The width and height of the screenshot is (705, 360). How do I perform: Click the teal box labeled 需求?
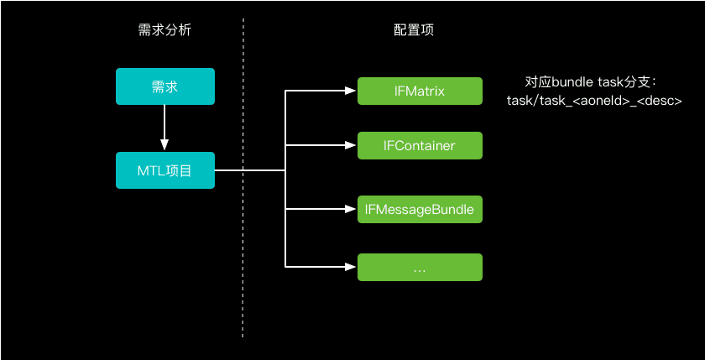pyautogui.click(x=164, y=87)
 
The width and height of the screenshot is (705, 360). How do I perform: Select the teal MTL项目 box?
pyautogui.click(x=164, y=170)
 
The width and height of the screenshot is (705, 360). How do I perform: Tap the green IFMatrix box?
pyautogui.click(x=420, y=91)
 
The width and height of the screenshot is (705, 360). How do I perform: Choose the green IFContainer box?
pyautogui.click(x=420, y=145)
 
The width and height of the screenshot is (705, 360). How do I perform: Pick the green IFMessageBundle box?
pyautogui.click(x=420, y=209)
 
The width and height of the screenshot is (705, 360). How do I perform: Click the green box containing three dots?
pyautogui.click(x=420, y=267)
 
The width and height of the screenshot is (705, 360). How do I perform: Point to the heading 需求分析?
pyautogui.click(x=164, y=30)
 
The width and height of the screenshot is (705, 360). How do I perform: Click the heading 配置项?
pyautogui.click(x=414, y=30)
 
